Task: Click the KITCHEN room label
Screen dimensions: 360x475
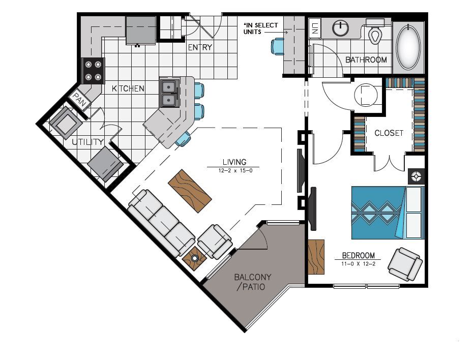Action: tap(128, 88)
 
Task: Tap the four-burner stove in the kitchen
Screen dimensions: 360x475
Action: tap(93, 71)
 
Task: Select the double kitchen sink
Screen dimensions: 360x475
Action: tap(169, 93)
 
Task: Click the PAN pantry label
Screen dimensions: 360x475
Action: tap(79, 98)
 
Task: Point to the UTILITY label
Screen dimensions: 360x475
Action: tap(87, 142)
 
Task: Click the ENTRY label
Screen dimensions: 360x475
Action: tap(200, 48)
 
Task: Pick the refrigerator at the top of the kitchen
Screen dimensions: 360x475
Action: tap(140, 30)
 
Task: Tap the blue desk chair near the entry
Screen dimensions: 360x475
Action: tap(278, 46)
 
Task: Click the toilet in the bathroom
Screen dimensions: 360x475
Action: tap(376, 34)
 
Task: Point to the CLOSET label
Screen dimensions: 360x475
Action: tap(389, 133)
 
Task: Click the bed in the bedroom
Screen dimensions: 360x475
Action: tap(387, 213)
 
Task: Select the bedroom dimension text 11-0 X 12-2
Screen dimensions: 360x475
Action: tap(358, 263)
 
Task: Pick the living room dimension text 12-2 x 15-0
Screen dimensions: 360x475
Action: tap(233, 171)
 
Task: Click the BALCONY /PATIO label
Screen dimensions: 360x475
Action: tap(252, 282)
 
